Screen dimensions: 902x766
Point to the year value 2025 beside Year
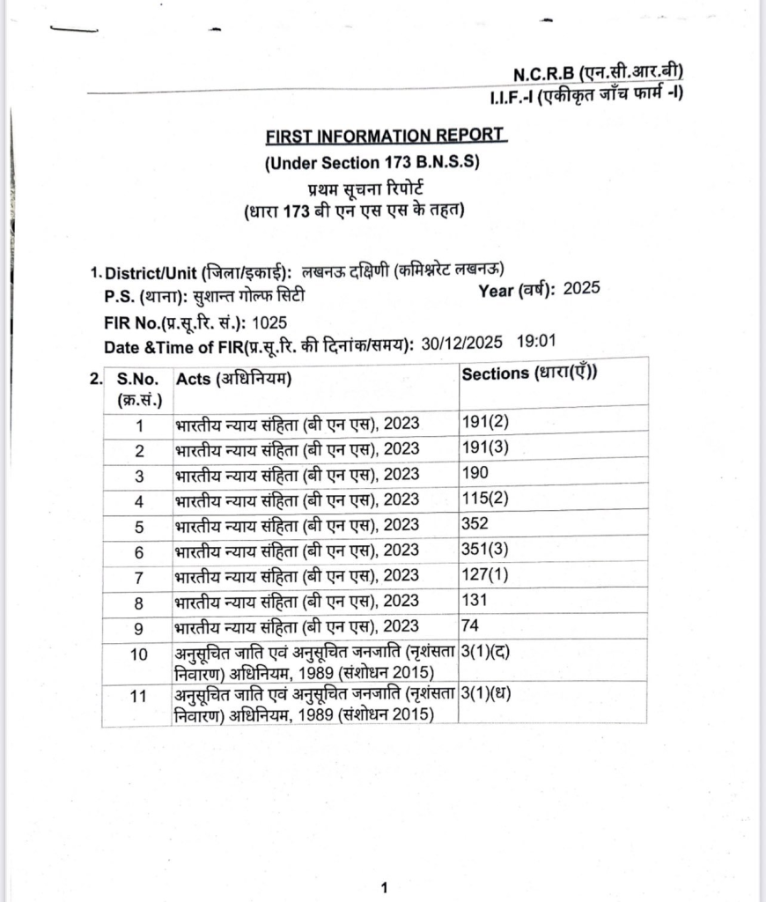581,288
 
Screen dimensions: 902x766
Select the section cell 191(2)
485,422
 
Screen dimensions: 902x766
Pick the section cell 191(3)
485,449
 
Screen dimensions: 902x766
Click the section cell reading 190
475,473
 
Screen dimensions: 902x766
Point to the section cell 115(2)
485,499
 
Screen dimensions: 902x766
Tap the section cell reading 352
475,523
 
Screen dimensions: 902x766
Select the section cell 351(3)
485,550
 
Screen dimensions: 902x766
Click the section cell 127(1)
485,575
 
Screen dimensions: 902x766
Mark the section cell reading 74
471,625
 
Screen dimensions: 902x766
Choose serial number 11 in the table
138,696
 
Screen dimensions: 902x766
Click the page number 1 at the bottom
384,888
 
